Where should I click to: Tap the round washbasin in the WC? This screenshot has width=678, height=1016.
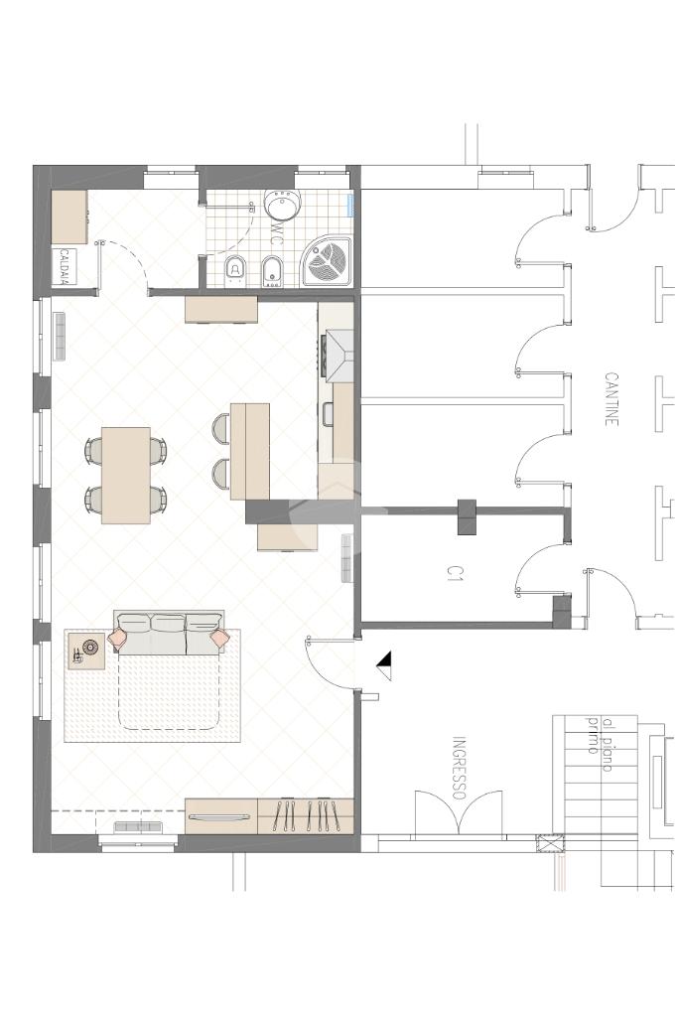point(282,205)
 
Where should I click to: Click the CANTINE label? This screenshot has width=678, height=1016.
point(611,398)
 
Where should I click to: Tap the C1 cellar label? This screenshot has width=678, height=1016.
point(455,572)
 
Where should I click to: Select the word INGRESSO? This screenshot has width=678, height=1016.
point(460,768)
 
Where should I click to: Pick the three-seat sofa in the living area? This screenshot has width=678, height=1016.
point(169,633)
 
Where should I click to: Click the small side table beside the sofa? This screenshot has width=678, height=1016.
point(86,651)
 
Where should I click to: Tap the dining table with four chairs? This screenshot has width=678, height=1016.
point(126,475)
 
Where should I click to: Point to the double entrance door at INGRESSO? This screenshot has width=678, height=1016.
point(459,811)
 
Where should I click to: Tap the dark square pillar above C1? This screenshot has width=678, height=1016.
point(467,517)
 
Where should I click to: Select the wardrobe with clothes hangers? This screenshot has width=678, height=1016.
point(306,816)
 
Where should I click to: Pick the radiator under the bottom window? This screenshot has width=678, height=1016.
point(137,826)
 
